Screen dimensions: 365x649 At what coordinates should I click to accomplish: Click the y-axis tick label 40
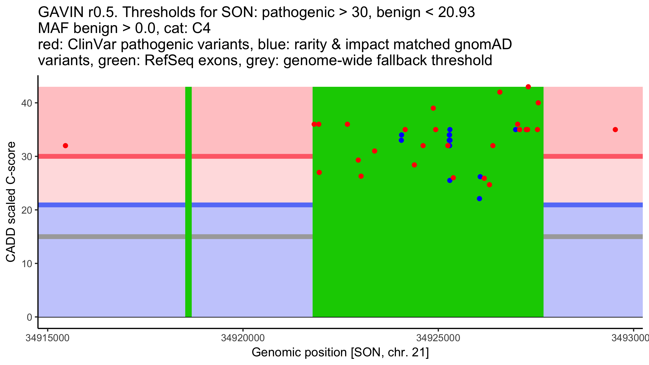tap(26, 103)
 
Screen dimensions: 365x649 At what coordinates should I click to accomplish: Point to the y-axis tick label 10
tap(26, 264)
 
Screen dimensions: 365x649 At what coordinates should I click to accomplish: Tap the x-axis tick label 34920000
tap(243, 338)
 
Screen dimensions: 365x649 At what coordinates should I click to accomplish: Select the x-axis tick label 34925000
tap(438, 338)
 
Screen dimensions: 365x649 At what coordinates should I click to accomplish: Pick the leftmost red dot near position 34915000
tap(65, 146)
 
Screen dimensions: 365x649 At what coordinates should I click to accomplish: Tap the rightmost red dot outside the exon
tap(615, 130)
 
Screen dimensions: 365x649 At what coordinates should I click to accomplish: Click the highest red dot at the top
tap(528, 87)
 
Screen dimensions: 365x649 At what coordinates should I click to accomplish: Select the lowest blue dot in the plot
tap(479, 199)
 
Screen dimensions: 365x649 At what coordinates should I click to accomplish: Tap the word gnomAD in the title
tap(483, 44)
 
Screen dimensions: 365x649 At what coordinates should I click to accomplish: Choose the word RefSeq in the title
tap(169, 60)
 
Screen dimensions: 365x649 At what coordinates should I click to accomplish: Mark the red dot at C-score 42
tap(500, 92)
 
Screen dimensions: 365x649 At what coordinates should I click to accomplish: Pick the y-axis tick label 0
tap(29, 317)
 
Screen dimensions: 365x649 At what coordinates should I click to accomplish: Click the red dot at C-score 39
tap(433, 108)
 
